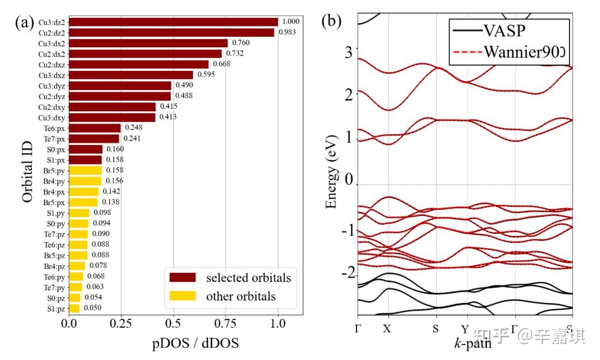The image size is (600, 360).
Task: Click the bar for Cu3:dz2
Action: tap(174, 22)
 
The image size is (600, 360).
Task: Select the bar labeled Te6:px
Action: tap(95, 128)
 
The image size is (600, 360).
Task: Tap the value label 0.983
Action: tap(287, 33)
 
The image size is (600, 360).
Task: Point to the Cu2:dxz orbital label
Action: tap(52, 64)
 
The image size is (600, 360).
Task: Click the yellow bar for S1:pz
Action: tap(74, 308)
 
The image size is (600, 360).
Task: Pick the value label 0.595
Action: tap(206, 75)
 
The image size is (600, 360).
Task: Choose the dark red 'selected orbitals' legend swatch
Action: tap(182, 277)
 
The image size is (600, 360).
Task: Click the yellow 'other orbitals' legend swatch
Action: tap(182, 296)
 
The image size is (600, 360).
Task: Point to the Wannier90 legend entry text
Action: tap(526, 51)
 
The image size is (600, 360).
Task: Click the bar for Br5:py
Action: tap(85, 170)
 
